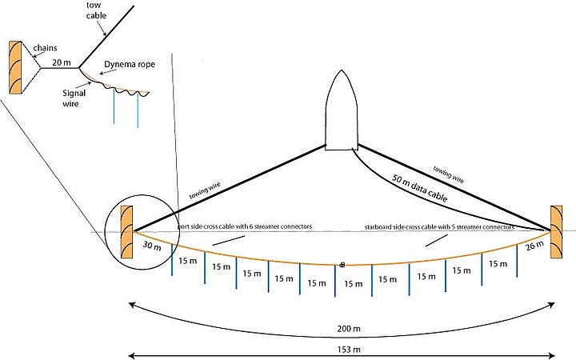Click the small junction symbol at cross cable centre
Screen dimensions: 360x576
[x=342, y=264]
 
